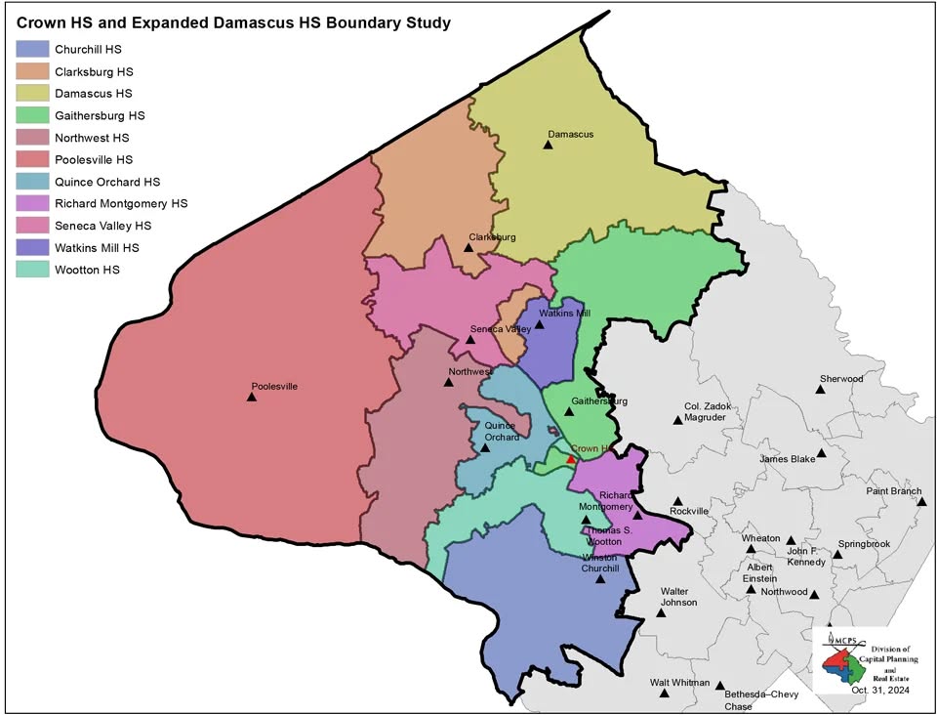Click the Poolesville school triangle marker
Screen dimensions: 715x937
[x=252, y=397]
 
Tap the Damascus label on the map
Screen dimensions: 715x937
[x=570, y=134]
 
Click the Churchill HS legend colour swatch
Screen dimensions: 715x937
[x=32, y=49]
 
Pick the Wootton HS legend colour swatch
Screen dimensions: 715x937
[x=32, y=270]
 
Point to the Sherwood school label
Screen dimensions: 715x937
[x=840, y=378]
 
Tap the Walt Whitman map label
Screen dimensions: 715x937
[x=676, y=683]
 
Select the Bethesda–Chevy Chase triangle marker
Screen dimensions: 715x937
[x=720, y=686]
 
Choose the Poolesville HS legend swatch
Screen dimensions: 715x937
[x=32, y=159]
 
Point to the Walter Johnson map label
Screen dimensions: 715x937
[x=678, y=597]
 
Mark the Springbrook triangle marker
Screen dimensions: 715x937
[x=837, y=555]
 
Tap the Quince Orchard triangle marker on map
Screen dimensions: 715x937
[x=485, y=448]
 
